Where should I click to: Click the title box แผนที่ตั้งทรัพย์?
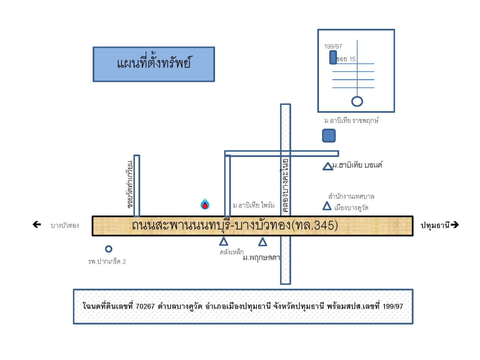click(x=153, y=64)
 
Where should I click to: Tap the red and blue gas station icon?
click(x=205, y=204)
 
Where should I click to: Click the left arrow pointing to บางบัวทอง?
click(x=37, y=225)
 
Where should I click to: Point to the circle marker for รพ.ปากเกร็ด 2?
click(x=108, y=249)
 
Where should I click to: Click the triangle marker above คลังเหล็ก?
click(x=224, y=242)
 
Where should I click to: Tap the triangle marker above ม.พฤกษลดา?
click(x=263, y=242)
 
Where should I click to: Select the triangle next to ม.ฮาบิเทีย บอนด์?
click(x=327, y=166)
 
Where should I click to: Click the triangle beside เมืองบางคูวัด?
click(x=327, y=206)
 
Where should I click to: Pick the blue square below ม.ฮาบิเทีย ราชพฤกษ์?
click(x=329, y=135)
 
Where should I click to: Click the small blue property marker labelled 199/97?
click(x=333, y=57)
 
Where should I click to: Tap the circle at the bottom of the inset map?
click(x=357, y=101)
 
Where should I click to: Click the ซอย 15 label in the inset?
click(x=347, y=59)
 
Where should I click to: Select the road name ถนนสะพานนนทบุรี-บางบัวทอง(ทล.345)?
click(x=234, y=225)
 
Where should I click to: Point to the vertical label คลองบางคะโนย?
click(x=285, y=185)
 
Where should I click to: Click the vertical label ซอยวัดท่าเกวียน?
click(x=130, y=183)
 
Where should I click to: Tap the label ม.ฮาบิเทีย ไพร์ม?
click(x=253, y=206)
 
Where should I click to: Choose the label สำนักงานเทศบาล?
click(x=351, y=197)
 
